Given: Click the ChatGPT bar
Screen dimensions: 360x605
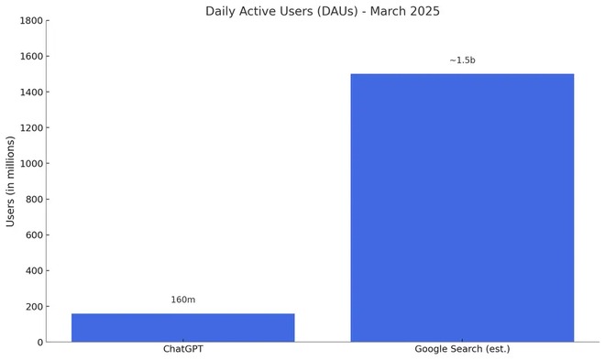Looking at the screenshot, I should pyautogui.click(x=182, y=328).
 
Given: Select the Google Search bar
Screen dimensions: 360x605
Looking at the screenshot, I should pyautogui.click(x=462, y=208).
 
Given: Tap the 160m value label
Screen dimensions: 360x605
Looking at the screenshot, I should pyautogui.click(x=182, y=300).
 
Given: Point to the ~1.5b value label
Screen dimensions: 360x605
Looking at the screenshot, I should pyautogui.click(x=462, y=60).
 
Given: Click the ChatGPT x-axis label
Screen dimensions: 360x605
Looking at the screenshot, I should pyautogui.click(x=182, y=349).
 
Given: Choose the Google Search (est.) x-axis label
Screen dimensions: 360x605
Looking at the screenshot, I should pyautogui.click(x=462, y=349).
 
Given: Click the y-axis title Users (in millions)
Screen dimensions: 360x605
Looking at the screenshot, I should pyautogui.click(x=11, y=180).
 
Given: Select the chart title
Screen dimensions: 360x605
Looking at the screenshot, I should pyautogui.click(x=322, y=11).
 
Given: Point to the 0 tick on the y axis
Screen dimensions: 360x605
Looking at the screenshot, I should pyautogui.click(x=38, y=343).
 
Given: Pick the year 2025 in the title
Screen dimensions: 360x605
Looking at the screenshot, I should pyautogui.click(x=424, y=11).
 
